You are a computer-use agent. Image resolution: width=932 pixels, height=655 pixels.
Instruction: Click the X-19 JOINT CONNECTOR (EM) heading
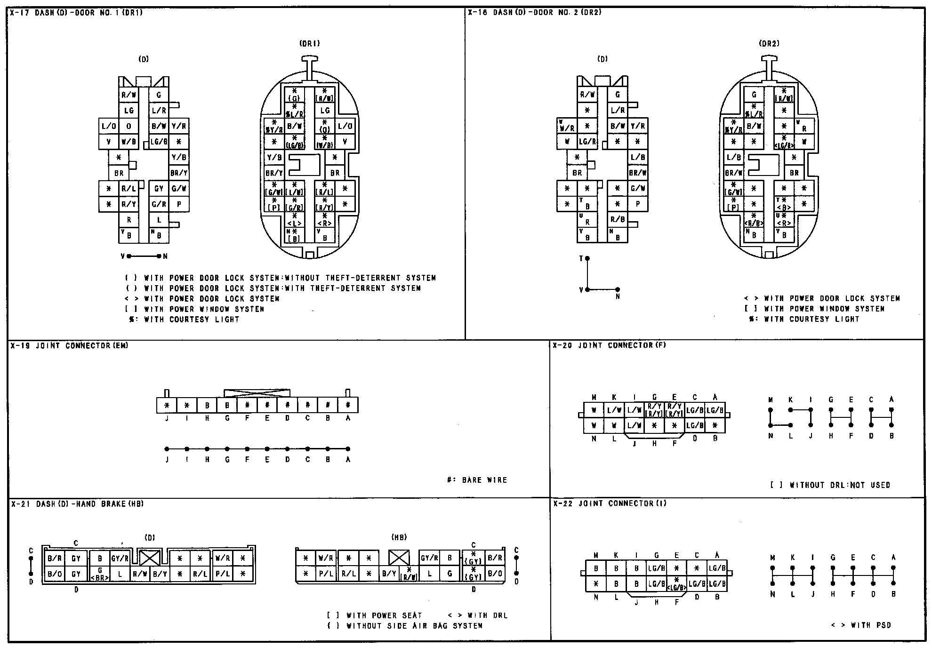pos(70,346)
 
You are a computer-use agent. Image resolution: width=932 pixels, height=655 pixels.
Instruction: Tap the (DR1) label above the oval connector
pos(309,44)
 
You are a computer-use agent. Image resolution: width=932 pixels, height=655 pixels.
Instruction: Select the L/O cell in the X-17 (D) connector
pos(109,126)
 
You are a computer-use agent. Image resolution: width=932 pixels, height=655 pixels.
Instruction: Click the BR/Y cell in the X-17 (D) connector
pos(179,173)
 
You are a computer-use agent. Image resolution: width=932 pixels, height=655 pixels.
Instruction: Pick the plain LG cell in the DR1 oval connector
pos(325,111)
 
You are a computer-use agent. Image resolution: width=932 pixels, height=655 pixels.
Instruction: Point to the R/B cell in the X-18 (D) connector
pos(618,220)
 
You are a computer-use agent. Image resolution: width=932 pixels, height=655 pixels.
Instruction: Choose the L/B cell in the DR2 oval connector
pos(733,158)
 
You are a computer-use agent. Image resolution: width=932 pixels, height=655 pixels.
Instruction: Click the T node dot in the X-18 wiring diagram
pos(587,259)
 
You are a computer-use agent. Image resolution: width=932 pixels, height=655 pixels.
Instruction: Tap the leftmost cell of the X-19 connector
pos(167,405)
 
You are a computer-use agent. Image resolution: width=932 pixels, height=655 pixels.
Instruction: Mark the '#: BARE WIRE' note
pos(477,480)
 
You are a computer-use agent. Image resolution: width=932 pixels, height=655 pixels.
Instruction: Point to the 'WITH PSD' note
pos(861,625)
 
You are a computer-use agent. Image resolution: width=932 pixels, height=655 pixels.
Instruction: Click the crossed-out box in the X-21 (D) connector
pos(150,559)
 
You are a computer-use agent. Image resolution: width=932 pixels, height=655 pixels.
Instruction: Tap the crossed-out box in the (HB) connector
pos(399,559)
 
